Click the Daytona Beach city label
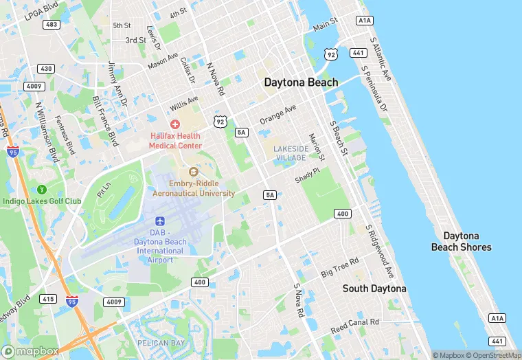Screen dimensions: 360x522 302,82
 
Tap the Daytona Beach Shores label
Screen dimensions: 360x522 461,241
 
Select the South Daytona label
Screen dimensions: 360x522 374,289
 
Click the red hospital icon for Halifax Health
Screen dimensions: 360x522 175,124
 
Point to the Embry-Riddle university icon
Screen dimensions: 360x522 192,171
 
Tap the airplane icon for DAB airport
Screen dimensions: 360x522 160,222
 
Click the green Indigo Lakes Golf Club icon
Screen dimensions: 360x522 42,189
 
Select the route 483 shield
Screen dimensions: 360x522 50,25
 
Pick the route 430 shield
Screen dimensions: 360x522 46,69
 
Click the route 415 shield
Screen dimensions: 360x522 47,299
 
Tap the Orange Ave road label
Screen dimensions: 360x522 277,115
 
